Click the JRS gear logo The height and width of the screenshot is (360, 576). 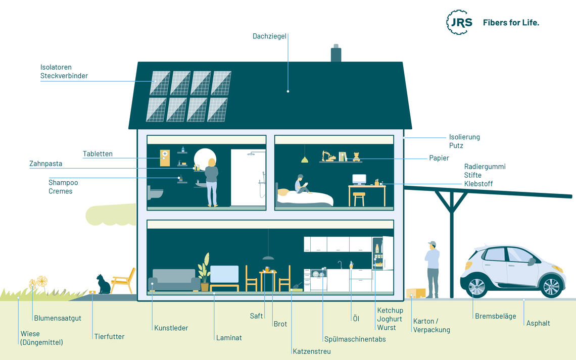460,22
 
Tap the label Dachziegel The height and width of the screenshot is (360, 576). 269,36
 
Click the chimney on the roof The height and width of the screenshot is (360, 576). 336,53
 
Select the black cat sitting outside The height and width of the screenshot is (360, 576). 103,284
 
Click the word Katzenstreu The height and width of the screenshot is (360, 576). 312,351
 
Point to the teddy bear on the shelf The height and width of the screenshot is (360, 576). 356,157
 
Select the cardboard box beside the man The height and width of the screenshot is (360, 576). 416,293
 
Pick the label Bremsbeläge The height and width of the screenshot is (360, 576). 495,317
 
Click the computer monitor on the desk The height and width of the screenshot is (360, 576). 359,180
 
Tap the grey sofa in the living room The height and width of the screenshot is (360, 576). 174,280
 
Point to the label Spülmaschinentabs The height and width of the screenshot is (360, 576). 355,339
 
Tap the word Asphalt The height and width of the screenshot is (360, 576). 538,323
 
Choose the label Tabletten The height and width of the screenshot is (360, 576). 98,154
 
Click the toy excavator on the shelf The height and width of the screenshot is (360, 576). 328,156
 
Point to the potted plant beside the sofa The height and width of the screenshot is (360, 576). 204,272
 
